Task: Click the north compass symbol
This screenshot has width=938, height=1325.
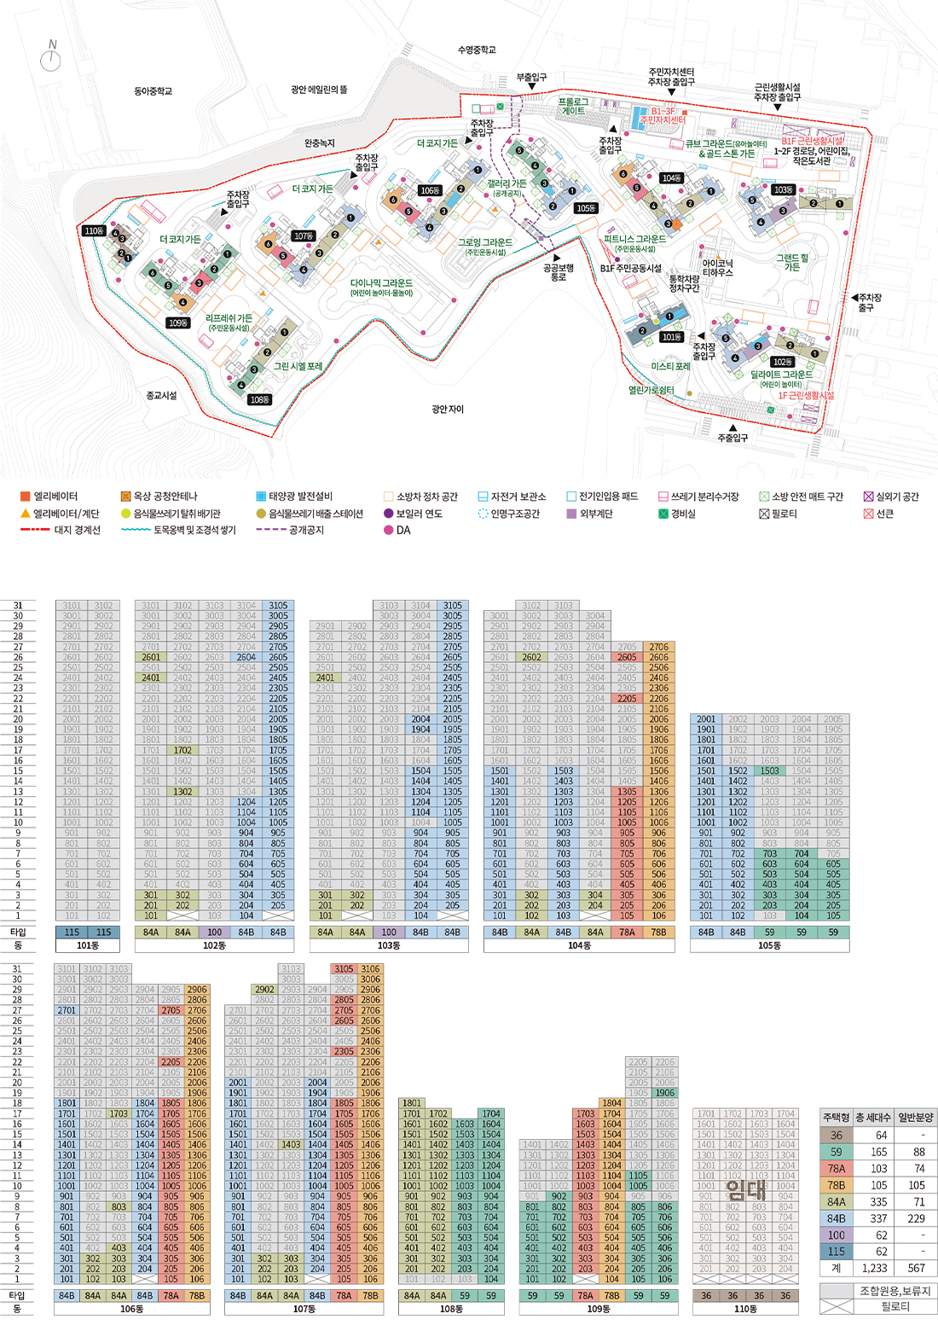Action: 52,56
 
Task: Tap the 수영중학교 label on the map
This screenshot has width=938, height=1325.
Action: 477,50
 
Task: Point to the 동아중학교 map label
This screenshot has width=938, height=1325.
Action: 153,91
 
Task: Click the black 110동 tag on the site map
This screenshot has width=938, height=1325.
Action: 94,231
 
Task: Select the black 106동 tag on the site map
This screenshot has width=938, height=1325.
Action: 429,190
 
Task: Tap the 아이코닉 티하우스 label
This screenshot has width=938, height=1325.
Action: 718,268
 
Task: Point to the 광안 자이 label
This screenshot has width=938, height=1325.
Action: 448,410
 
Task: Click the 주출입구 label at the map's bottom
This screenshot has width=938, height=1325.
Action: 732,438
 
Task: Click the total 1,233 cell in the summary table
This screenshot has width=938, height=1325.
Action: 880,1268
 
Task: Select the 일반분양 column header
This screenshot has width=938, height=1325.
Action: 916,1118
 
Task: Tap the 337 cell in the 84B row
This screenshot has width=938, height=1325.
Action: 880,1218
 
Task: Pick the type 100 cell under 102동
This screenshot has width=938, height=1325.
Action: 214,933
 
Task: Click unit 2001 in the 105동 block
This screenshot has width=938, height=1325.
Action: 706,719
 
